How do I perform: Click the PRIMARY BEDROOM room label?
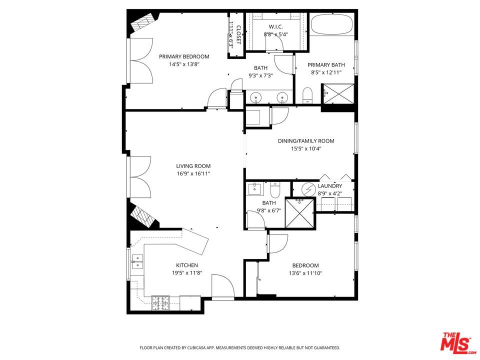pos(184,56)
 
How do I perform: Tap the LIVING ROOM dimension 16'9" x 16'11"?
pos(193,174)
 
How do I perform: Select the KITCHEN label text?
pos(186,265)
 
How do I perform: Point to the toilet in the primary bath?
pos(308,94)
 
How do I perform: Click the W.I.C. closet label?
pos(276,26)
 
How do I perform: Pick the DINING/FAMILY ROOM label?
pos(306,141)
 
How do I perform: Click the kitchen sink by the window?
pos(137,262)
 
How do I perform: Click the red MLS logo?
pos(455,342)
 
